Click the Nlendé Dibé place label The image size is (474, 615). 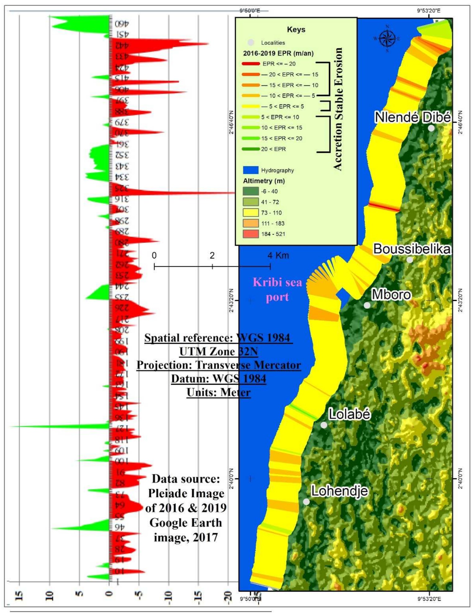tap(412, 117)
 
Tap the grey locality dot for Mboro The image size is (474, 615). tap(367, 305)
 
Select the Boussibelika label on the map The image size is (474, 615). tap(412, 249)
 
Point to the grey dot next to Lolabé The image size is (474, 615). tap(324, 425)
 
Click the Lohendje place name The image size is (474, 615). tap(340, 491)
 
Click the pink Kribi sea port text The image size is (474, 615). tap(277, 289)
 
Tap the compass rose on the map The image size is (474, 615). tap(387, 39)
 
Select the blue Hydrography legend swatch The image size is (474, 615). tap(251, 170)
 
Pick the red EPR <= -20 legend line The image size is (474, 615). tap(251, 64)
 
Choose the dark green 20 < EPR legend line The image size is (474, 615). tap(251, 149)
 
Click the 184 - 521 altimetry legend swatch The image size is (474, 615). tap(251, 234)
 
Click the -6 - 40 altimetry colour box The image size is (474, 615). tap(251, 191)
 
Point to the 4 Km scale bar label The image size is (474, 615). tap(278, 256)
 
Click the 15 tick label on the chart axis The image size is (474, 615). tap(20, 596)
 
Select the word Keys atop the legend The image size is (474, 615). tap(296, 30)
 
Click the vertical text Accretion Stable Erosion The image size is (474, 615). tap(338, 109)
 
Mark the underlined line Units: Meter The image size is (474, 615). tap(219, 392)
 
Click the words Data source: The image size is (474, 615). tap(186, 479)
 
